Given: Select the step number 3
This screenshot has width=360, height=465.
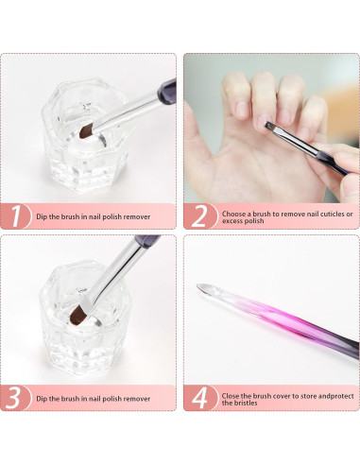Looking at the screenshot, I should (15, 395).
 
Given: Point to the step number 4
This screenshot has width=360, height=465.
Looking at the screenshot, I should (198, 395).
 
